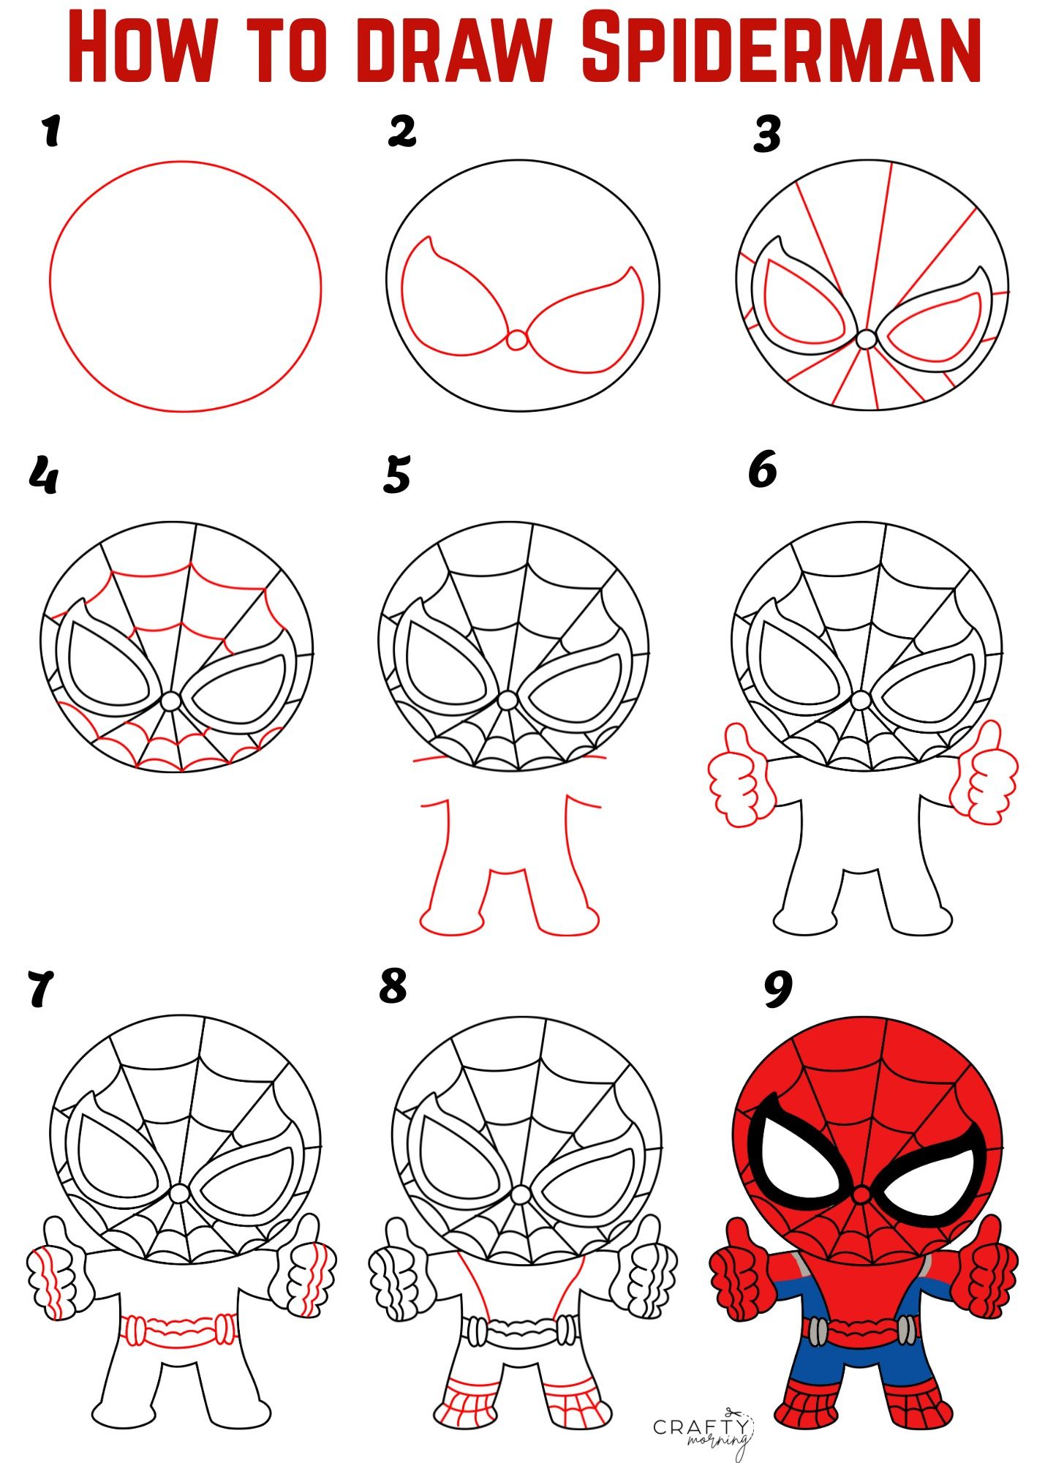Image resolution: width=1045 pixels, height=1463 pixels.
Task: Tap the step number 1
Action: [x=50, y=132]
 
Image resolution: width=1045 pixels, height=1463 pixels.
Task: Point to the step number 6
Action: [x=762, y=470]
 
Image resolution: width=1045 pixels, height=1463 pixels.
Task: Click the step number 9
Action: [x=778, y=989]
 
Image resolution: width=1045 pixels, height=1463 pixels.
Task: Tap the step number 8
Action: [x=393, y=985]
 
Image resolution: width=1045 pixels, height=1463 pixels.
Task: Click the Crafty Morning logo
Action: [x=702, y=1427]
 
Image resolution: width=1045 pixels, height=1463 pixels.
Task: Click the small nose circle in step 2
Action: [x=517, y=340]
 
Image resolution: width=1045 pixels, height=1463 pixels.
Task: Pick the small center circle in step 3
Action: [x=867, y=339]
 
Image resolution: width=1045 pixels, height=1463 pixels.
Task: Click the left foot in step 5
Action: [x=450, y=920]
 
